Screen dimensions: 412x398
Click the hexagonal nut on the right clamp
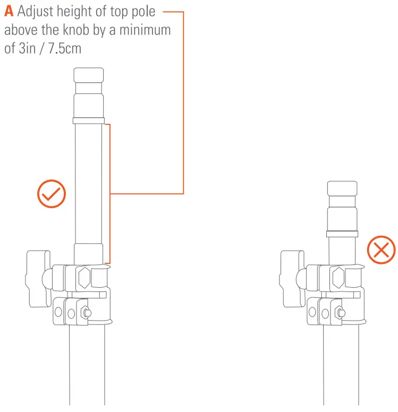point(338,278)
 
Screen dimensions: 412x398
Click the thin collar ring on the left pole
point(89,121)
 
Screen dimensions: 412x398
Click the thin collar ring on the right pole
point(342,233)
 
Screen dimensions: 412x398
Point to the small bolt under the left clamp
point(83,313)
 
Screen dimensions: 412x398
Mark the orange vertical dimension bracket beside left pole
point(109,193)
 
